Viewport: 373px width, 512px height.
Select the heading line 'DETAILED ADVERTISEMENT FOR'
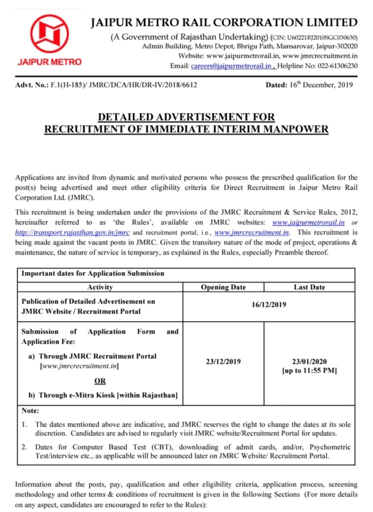(x=186, y=117)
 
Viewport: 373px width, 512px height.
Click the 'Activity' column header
(x=100, y=287)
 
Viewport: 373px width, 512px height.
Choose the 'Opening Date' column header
(x=223, y=287)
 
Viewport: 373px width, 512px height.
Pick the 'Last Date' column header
(x=309, y=287)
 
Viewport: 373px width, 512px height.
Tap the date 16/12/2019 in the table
(x=269, y=306)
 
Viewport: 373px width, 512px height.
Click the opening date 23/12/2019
(x=223, y=361)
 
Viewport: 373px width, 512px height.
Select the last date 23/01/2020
(x=309, y=361)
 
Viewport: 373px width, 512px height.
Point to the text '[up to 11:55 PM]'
(x=309, y=370)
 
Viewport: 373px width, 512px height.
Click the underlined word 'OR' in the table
(x=100, y=381)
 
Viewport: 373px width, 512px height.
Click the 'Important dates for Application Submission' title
(x=93, y=273)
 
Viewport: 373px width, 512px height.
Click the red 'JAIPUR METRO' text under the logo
(x=49, y=62)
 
